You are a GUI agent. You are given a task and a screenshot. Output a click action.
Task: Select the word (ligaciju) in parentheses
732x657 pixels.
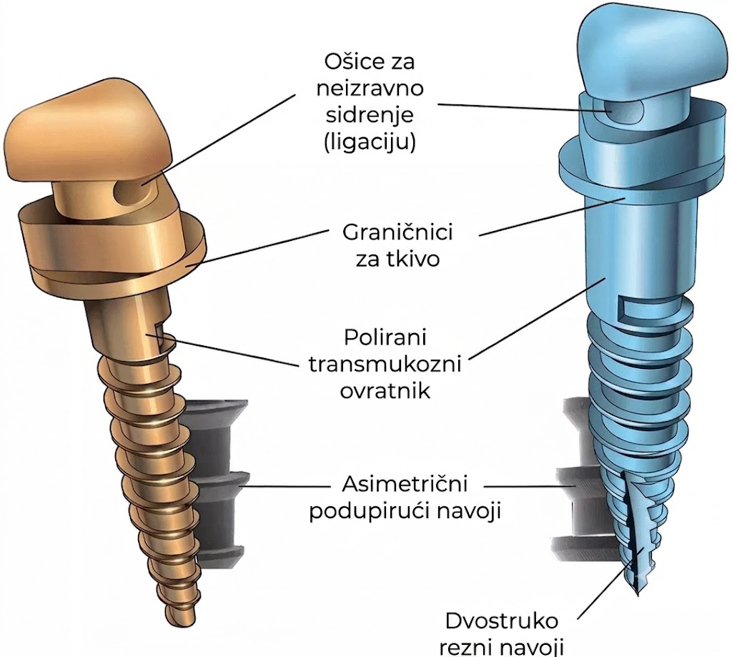370,142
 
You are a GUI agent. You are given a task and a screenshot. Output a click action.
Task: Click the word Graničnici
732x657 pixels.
397,232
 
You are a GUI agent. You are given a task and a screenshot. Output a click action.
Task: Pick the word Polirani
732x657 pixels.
385,337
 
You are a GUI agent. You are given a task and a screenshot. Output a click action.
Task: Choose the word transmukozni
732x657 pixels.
385,364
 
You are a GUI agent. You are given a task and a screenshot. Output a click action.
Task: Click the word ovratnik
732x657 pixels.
385,390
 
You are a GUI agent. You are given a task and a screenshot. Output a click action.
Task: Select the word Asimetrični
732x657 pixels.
405,484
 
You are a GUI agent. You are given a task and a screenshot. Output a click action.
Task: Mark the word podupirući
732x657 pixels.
367,511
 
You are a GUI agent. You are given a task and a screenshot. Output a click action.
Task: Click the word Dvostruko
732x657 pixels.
502,621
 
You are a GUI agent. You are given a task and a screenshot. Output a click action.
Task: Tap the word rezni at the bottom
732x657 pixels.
468,648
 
